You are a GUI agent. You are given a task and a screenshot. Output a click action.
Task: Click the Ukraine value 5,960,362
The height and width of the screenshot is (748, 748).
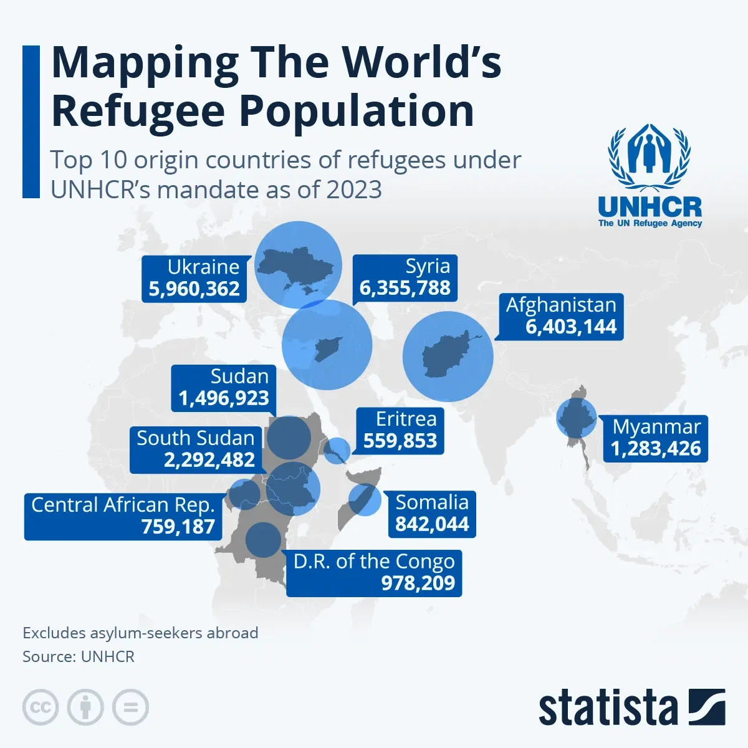pyautogui.click(x=194, y=289)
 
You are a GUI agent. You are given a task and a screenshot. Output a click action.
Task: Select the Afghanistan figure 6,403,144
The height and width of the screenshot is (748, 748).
pyautogui.click(x=571, y=327)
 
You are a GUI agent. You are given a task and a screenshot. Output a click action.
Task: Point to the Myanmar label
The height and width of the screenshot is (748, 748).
pyautogui.click(x=656, y=427)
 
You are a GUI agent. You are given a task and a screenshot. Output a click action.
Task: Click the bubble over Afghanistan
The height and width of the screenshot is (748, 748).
pyautogui.click(x=448, y=357)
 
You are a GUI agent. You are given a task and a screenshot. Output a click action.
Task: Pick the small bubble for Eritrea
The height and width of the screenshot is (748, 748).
pyautogui.click(x=338, y=450)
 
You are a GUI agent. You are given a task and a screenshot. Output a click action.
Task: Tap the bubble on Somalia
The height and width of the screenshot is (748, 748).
pyautogui.click(x=364, y=499)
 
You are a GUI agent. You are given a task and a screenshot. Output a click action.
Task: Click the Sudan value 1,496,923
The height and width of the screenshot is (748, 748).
pyautogui.click(x=224, y=398)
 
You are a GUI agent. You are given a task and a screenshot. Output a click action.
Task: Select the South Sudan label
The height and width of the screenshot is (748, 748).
pyautogui.click(x=196, y=438)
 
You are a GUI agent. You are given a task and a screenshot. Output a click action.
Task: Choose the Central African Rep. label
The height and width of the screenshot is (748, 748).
pyautogui.click(x=123, y=505)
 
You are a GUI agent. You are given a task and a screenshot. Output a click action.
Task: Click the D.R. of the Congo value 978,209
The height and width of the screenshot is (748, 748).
pyautogui.click(x=418, y=583)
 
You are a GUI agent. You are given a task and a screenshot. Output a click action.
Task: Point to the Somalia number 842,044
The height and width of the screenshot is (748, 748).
pyautogui.click(x=432, y=524)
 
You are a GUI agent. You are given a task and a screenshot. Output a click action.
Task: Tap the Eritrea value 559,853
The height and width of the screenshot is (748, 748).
pyautogui.click(x=400, y=441)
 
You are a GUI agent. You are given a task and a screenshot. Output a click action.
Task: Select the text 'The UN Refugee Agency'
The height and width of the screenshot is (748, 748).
pyautogui.click(x=650, y=223)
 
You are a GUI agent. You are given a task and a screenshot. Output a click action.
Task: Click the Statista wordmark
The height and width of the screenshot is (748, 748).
pyautogui.click(x=608, y=708)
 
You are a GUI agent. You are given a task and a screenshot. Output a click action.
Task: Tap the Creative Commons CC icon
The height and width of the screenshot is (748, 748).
pyautogui.click(x=41, y=707)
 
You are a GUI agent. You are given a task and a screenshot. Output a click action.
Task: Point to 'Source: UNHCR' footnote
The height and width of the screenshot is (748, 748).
pyautogui.click(x=79, y=656)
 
